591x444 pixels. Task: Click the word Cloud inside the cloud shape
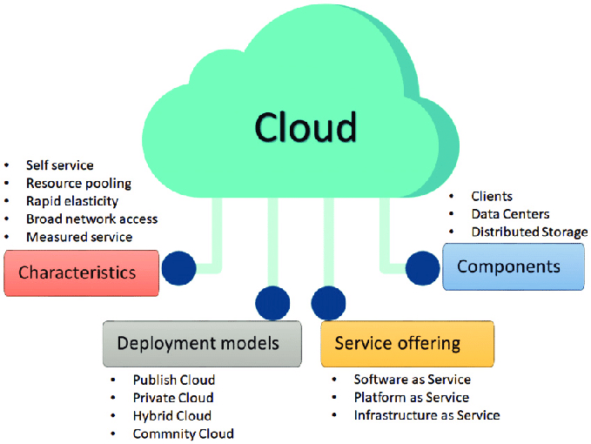click(x=306, y=127)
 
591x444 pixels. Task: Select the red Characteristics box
click(x=82, y=272)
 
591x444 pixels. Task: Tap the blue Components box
click(x=514, y=266)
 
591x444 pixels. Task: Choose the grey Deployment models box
click(x=202, y=344)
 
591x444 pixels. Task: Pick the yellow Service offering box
click(x=407, y=344)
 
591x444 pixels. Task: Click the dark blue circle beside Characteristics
click(x=179, y=268)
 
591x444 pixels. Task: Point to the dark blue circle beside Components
click(x=422, y=268)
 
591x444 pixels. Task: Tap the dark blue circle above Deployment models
click(x=272, y=303)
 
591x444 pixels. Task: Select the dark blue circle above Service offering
click(x=328, y=303)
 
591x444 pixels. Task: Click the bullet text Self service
click(x=60, y=165)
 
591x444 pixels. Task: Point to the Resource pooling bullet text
click(x=79, y=183)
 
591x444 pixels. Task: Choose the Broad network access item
click(x=92, y=219)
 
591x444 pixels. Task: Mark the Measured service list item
click(x=79, y=237)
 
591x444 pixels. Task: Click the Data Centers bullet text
click(x=510, y=214)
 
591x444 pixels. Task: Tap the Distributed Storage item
click(x=529, y=232)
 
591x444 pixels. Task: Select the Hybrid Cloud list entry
click(x=172, y=416)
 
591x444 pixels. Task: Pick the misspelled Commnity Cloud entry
click(x=184, y=434)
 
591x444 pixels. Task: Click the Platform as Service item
click(x=412, y=397)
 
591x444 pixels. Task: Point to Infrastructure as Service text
click(x=427, y=415)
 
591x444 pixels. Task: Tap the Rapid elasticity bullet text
click(x=72, y=201)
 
